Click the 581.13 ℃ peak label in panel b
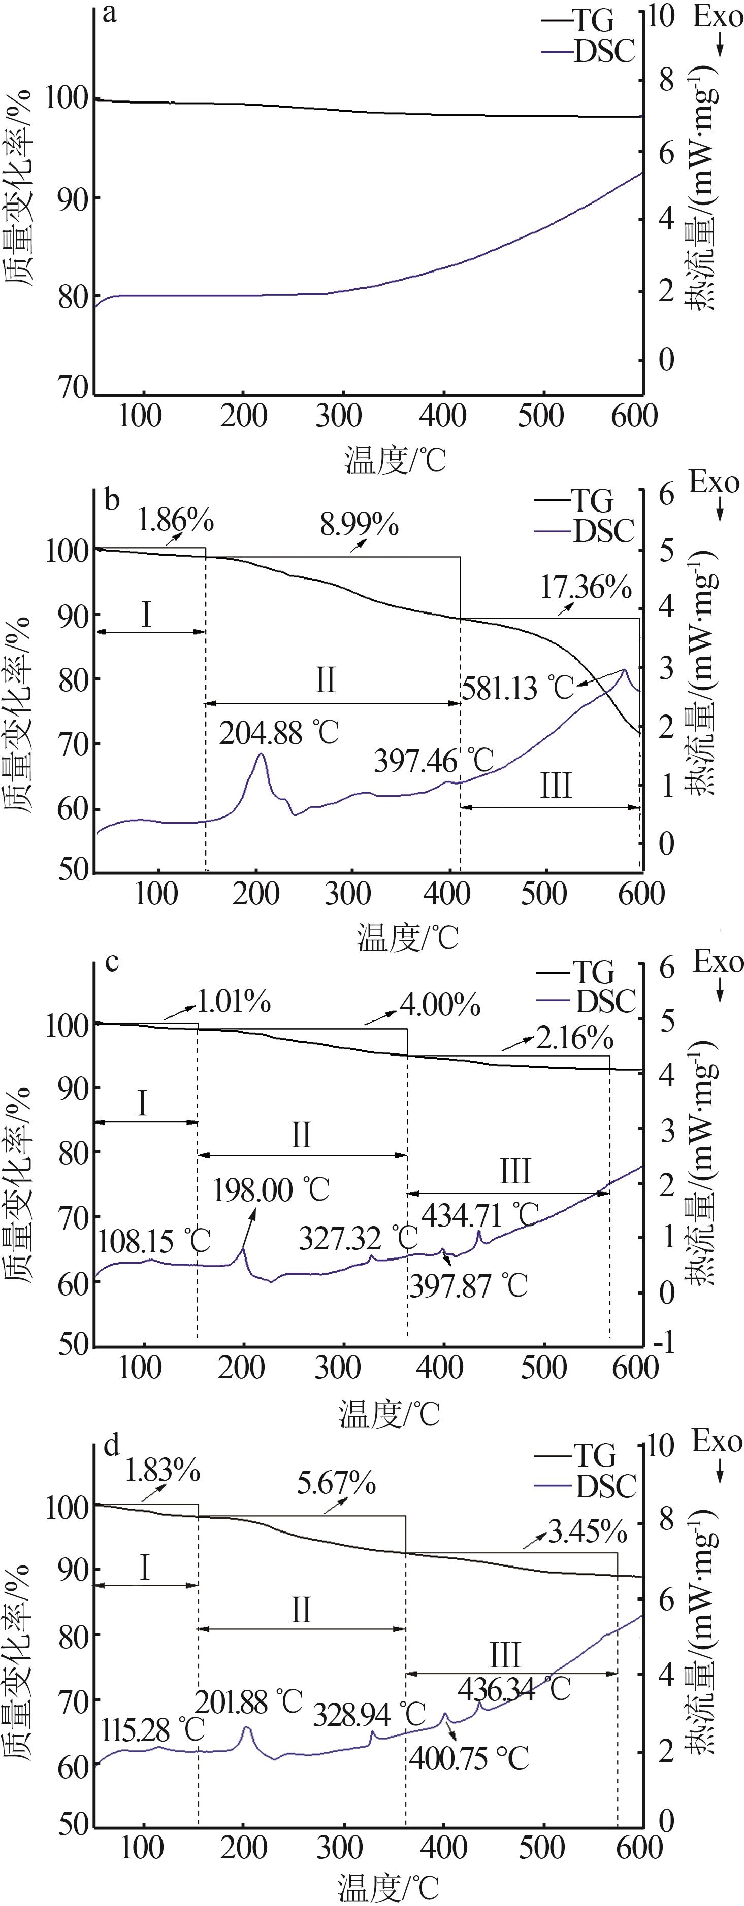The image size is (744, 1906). [517, 688]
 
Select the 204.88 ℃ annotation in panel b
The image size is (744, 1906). [279, 733]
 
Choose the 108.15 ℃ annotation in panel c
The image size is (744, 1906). [154, 1241]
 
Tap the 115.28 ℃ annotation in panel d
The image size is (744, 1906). [151, 1709]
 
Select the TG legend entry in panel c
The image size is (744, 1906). [592, 972]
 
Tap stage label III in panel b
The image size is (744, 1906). [555, 786]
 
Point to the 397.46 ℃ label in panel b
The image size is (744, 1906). [434, 761]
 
